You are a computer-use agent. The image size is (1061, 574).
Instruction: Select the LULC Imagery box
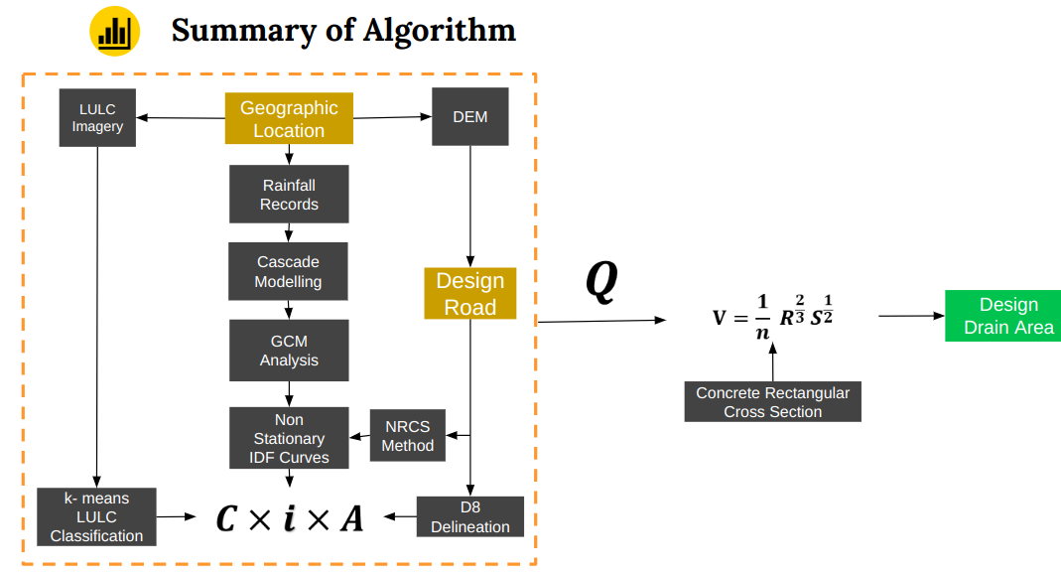tap(97, 117)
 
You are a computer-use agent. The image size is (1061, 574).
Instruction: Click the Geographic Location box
tap(289, 119)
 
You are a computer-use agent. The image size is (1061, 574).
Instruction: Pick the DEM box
tap(469, 116)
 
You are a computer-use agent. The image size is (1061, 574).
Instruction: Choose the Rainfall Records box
tap(289, 194)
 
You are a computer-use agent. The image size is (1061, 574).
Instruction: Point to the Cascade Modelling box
tap(288, 271)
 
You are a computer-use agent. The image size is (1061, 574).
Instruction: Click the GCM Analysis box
tap(289, 351)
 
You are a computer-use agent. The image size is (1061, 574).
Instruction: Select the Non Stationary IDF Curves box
tap(289, 438)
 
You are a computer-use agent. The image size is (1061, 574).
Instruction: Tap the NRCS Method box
tap(407, 436)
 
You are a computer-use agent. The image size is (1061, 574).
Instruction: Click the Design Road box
tap(469, 293)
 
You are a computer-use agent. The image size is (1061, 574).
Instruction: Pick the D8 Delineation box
tap(470, 516)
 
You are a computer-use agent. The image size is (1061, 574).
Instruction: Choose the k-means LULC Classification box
tap(96, 516)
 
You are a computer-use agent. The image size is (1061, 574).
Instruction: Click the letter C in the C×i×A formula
tap(227, 518)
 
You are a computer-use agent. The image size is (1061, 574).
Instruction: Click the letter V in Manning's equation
tap(721, 318)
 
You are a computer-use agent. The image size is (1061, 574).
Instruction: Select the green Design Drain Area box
tap(1002, 316)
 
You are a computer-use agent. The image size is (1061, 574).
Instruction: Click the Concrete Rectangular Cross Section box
tap(772, 402)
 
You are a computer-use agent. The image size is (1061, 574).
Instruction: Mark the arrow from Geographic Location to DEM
tap(392, 117)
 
